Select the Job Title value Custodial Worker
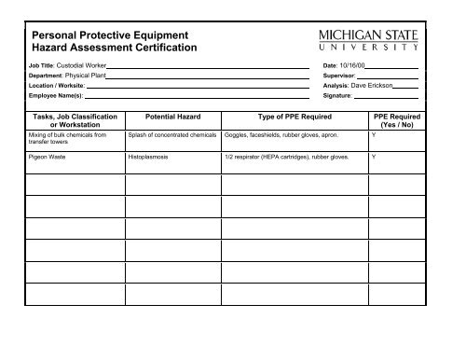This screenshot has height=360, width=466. click(x=81, y=67)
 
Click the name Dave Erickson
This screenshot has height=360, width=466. click(x=371, y=86)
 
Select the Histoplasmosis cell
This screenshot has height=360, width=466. click(x=148, y=158)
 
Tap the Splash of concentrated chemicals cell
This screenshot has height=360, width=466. click(x=171, y=135)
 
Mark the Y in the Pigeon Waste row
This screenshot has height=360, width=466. click(x=374, y=158)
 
